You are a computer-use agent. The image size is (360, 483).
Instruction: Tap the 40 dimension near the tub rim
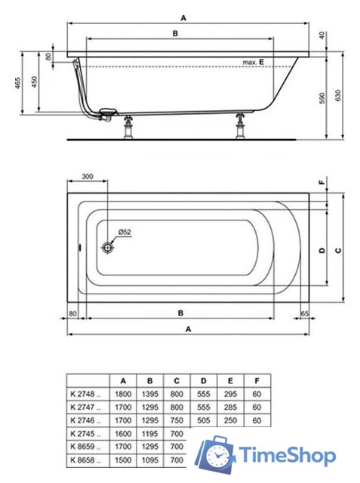pyautogui.click(x=322, y=35)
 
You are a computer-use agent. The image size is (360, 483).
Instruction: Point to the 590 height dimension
pyautogui.click(x=322, y=97)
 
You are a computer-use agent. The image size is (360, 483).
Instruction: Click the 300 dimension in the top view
pyautogui.click(x=87, y=177)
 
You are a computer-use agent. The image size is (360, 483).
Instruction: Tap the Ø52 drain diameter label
pyautogui.click(x=125, y=232)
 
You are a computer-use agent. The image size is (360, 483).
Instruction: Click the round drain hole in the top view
pyautogui.click(x=109, y=246)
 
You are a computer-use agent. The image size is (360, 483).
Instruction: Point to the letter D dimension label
pyautogui.click(x=322, y=250)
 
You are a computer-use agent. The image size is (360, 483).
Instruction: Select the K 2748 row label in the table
pyautogui.click(x=86, y=393)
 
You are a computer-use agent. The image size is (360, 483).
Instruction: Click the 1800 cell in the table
pyautogui.click(x=124, y=393)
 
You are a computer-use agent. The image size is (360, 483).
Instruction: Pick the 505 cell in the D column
pyautogui.click(x=202, y=420)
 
